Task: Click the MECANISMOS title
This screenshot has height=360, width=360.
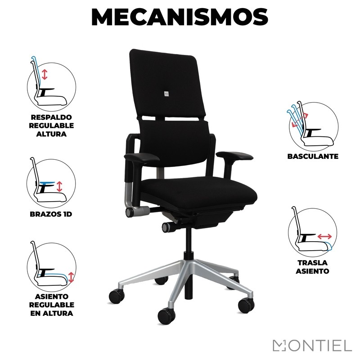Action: (x=180, y=18)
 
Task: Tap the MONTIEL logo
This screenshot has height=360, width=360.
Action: (x=312, y=345)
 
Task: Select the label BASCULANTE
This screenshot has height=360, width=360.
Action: (x=313, y=156)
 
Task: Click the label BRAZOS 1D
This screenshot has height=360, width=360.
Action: (x=51, y=214)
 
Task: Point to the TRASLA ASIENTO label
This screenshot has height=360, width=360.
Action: (x=312, y=267)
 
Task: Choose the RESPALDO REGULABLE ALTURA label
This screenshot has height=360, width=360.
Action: (x=51, y=126)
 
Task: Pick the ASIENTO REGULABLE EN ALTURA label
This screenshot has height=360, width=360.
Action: (x=51, y=305)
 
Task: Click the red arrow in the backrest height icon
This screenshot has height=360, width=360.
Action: (x=45, y=75)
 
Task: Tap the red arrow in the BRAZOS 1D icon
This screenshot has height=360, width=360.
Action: (x=59, y=187)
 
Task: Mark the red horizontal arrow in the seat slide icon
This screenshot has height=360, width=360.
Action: (x=324, y=236)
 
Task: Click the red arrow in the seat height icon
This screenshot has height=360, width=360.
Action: (x=71, y=277)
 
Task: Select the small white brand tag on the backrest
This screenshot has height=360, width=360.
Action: (x=166, y=94)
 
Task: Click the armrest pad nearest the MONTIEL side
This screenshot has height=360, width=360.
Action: (x=234, y=156)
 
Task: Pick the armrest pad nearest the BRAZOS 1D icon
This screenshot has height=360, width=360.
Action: (x=142, y=158)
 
